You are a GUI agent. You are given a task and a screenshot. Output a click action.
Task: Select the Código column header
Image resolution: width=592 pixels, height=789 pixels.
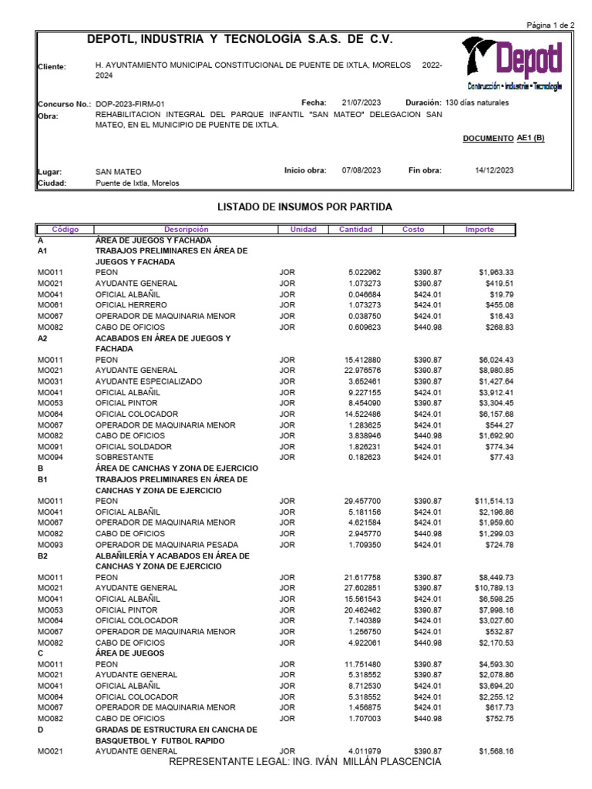coord(65,230)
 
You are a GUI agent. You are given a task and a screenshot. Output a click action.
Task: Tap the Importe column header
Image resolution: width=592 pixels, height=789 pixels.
coord(479,230)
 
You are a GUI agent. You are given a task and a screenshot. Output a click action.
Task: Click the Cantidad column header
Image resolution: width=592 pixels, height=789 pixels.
coord(355,230)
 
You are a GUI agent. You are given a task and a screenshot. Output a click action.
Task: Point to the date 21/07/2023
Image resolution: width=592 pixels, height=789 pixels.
coord(362,102)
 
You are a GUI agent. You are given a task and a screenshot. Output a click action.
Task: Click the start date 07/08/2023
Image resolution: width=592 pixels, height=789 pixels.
coord(362,170)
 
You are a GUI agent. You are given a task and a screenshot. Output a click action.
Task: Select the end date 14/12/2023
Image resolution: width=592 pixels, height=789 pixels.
coord(494,170)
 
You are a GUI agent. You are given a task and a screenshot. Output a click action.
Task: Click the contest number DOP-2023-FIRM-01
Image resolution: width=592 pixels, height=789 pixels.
coord(129,103)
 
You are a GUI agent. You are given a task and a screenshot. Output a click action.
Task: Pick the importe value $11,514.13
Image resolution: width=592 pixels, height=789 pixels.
coord(493,501)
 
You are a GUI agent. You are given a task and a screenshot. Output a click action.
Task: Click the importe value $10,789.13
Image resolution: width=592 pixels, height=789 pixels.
coord(493,588)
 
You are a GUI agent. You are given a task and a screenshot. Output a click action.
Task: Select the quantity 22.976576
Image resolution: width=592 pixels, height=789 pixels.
coord(359,371)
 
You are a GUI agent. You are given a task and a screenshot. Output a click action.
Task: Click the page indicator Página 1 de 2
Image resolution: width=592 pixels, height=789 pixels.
coord(550,25)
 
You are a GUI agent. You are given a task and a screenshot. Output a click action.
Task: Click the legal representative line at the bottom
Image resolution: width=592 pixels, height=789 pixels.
coord(305,762)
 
